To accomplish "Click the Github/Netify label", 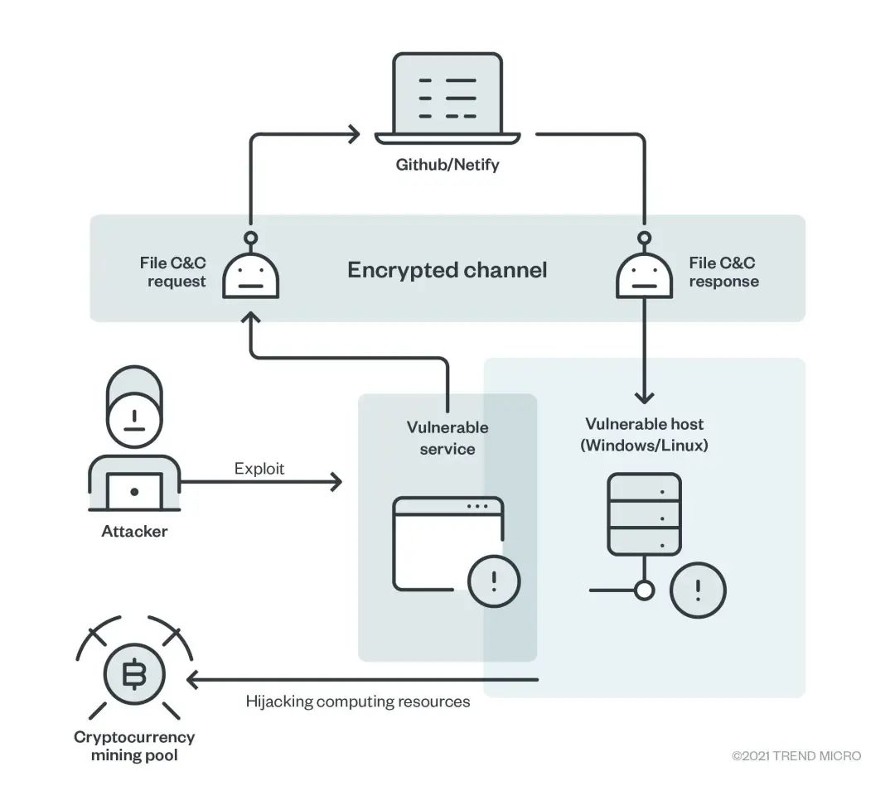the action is coord(447,165).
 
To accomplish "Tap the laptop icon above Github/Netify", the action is coord(447,99).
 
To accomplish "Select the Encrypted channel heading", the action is coord(447,270).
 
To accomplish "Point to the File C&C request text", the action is coord(173,272).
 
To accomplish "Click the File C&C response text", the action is coord(723,272).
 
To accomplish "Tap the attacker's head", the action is coord(135,407).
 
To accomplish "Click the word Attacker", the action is coord(134,531).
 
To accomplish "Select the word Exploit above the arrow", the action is coord(259,469).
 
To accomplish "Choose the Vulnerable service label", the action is coord(447,438).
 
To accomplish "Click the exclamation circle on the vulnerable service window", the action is coord(494,581).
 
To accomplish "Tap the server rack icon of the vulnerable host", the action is coord(644,514).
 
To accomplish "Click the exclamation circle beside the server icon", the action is coord(698,590).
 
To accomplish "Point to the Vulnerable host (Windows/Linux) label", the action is coord(644,435).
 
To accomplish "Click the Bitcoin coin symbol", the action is coord(134,674).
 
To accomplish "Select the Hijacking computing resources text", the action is coord(358,701).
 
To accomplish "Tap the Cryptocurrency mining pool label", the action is coord(134,746).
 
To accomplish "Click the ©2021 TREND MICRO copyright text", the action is coord(796,756).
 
